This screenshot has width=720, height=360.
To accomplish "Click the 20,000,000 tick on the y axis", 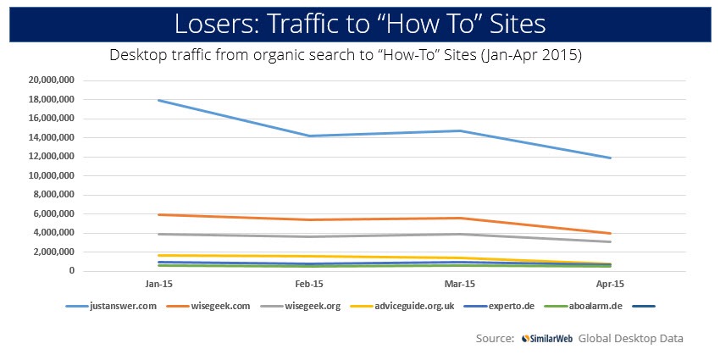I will pos(54,80).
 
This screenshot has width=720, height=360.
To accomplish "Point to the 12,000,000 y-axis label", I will pos(54,157).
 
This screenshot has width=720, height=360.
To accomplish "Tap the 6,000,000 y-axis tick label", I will pos(58,213).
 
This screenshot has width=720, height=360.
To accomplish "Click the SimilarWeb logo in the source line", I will pos(548,338).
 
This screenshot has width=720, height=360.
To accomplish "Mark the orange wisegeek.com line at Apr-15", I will pos(608,233).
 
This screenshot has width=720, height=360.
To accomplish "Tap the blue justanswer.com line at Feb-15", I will pos(309,136).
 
